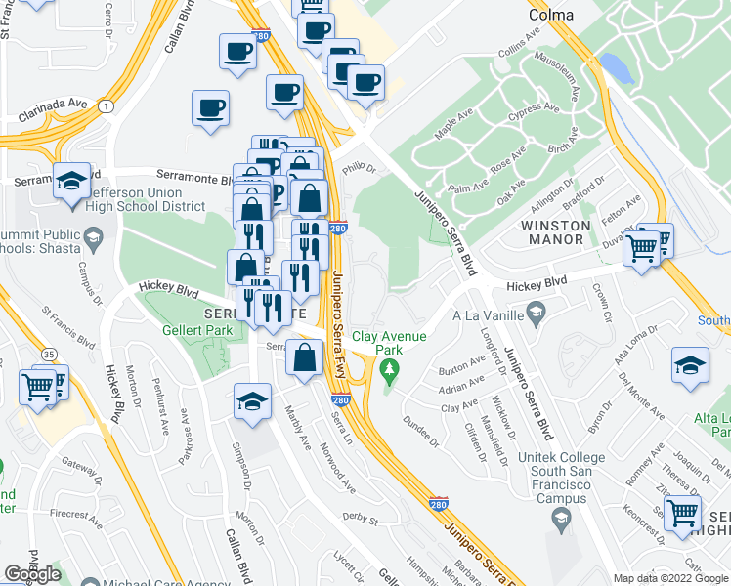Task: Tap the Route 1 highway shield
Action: [104, 105]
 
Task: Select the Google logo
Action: [32, 573]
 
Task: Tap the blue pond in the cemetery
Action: [615, 66]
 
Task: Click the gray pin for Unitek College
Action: [560, 517]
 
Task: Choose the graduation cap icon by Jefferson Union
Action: [71, 183]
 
